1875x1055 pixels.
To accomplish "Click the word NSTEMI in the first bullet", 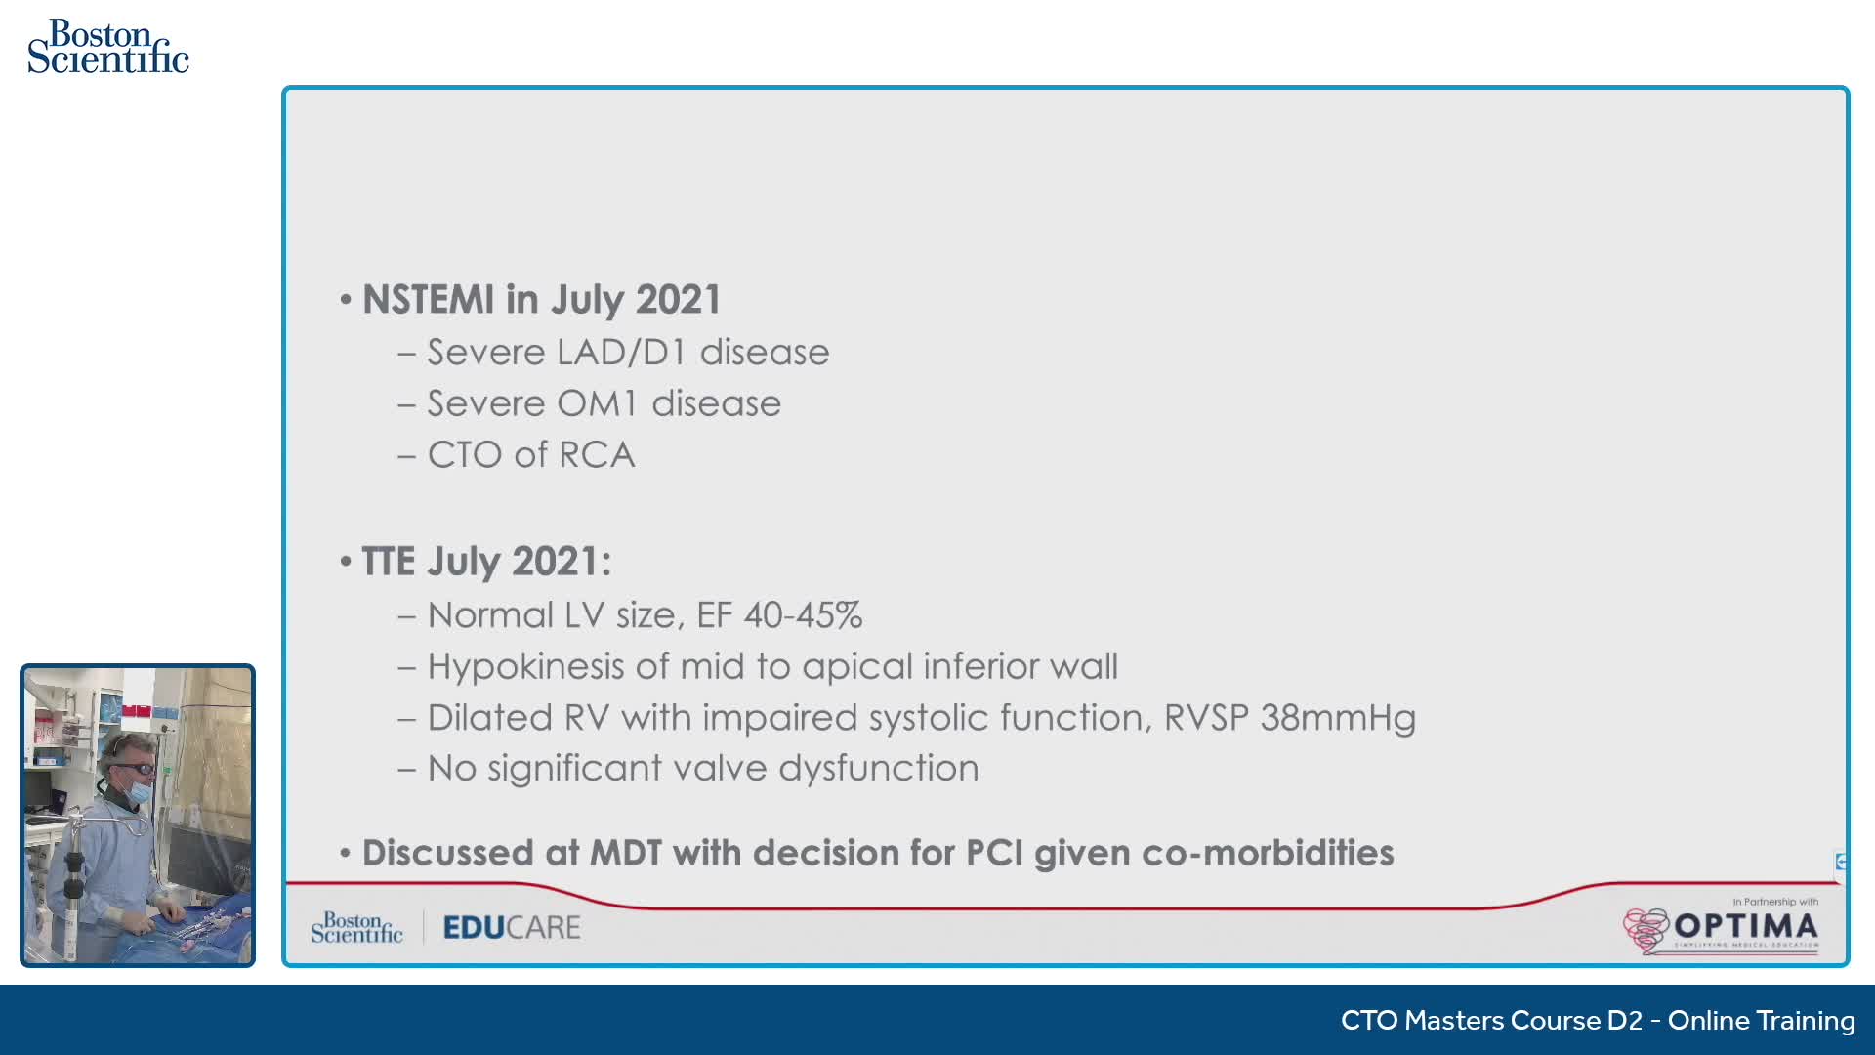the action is [x=429, y=300].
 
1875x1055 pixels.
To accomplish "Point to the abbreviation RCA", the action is [x=597, y=455].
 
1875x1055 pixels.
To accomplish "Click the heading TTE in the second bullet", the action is [x=389, y=562].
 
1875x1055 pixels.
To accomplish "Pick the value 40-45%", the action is [x=803, y=615].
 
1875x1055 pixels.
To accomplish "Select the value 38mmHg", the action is [x=1338, y=719].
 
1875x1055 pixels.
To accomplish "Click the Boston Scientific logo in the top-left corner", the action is [x=108, y=47].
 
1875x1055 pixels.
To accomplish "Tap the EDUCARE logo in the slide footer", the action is [x=512, y=927].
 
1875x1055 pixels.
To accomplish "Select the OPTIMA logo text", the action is [x=1746, y=925].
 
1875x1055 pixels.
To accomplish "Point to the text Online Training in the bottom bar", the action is [x=1761, y=1021].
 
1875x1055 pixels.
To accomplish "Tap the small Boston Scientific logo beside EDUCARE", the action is [x=356, y=928].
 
